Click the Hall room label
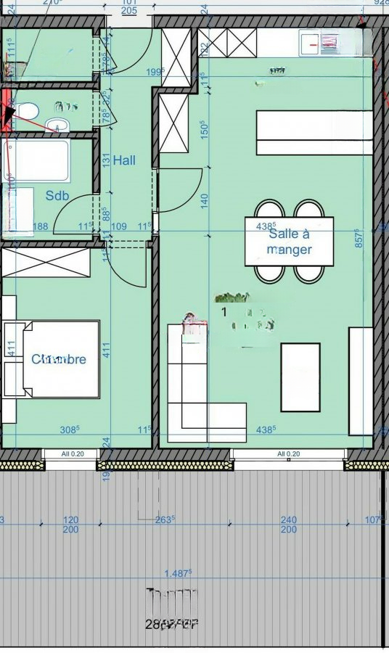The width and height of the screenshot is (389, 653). pyautogui.click(x=123, y=161)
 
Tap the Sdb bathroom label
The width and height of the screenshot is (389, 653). pyautogui.click(x=57, y=195)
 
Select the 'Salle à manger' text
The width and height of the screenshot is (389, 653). pyautogui.click(x=289, y=242)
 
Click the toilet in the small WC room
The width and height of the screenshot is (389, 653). pyautogui.click(x=27, y=112)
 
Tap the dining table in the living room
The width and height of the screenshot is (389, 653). pyautogui.click(x=289, y=241)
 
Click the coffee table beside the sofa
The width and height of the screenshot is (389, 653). pyautogui.click(x=300, y=377)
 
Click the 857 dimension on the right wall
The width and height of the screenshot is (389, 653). pyautogui.click(x=359, y=243)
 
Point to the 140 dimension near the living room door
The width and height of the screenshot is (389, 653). pyautogui.click(x=204, y=198)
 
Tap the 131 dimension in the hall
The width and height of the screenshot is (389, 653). pyautogui.click(x=106, y=160)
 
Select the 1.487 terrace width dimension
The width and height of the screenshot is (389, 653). pyautogui.click(x=177, y=572)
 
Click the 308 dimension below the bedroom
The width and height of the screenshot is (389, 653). pyautogui.click(x=69, y=430)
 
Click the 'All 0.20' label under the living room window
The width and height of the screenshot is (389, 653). pyautogui.click(x=288, y=454)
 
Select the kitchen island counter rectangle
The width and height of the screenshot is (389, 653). pyautogui.click(x=314, y=132)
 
